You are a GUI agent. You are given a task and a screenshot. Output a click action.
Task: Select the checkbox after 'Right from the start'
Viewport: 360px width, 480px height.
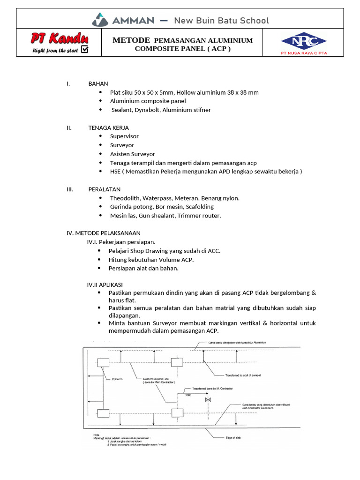click(x=85, y=49)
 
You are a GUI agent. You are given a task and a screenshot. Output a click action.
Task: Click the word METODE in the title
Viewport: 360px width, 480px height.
click(x=131, y=40)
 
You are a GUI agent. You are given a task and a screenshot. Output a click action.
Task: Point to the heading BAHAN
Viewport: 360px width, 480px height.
click(x=98, y=83)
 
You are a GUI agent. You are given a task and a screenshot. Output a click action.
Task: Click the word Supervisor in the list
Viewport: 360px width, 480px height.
click(x=124, y=136)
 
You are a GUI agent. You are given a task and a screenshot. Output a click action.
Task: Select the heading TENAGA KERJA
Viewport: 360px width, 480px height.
click(x=108, y=127)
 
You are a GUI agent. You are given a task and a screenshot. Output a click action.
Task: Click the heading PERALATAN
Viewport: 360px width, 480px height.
click(x=105, y=189)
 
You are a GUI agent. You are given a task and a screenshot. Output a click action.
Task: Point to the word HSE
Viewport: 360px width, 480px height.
click(x=115, y=172)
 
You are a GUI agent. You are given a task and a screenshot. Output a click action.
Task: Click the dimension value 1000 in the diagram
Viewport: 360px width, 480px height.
click(x=188, y=395)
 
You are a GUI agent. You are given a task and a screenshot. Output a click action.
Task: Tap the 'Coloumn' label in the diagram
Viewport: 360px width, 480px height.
click(x=117, y=379)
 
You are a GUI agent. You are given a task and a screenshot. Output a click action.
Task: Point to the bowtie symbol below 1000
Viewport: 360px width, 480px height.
click(x=208, y=400)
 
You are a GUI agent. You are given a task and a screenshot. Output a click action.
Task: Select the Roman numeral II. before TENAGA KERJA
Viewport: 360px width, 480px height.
click(x=69, y=127)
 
